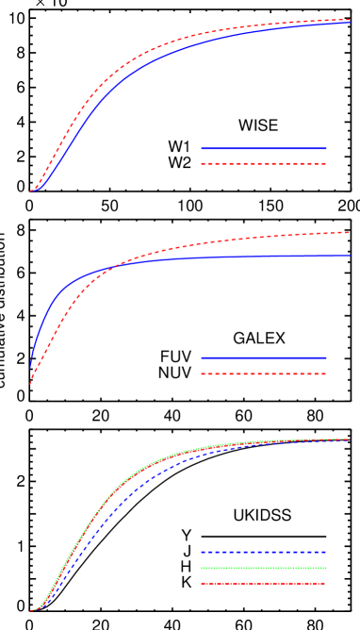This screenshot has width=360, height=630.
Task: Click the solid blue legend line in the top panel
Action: click(x=264, y=148)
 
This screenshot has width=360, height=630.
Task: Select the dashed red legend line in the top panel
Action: click(x=264, y=163)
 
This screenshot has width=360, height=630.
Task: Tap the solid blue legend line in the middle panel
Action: click(x=264, y=357)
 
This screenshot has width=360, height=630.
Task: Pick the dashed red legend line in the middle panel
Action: click(x=264, y=373)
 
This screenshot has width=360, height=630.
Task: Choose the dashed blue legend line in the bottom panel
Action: click(x=264, y=552)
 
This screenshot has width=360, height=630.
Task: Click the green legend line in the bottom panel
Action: click(x=264, y=568)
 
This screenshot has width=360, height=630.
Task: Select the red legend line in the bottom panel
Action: click(x=264, y=583)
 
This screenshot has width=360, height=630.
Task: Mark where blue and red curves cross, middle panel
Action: click(x=111, y=269)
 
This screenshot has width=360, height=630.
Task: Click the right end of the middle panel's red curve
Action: click(x=350, y=232)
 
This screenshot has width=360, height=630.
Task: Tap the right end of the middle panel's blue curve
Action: click(x=350, y=255)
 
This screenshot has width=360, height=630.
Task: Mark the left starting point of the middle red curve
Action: click(x=31, y=383)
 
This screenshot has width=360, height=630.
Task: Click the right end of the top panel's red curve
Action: click(x=350, y=19)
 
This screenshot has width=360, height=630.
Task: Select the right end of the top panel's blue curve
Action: click(x=350, y=23)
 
